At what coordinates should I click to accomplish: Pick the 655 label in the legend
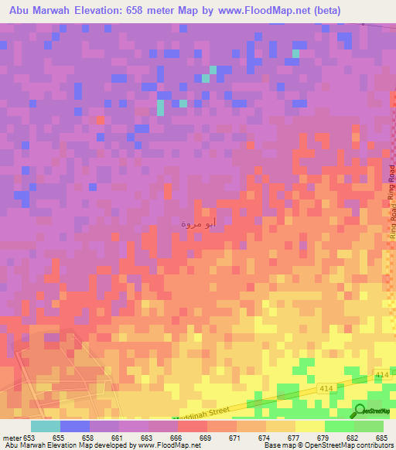60,438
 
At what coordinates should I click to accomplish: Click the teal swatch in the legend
45,426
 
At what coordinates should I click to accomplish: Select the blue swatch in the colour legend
74,426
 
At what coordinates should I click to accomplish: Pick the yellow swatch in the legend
309,426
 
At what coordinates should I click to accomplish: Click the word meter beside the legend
11,438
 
